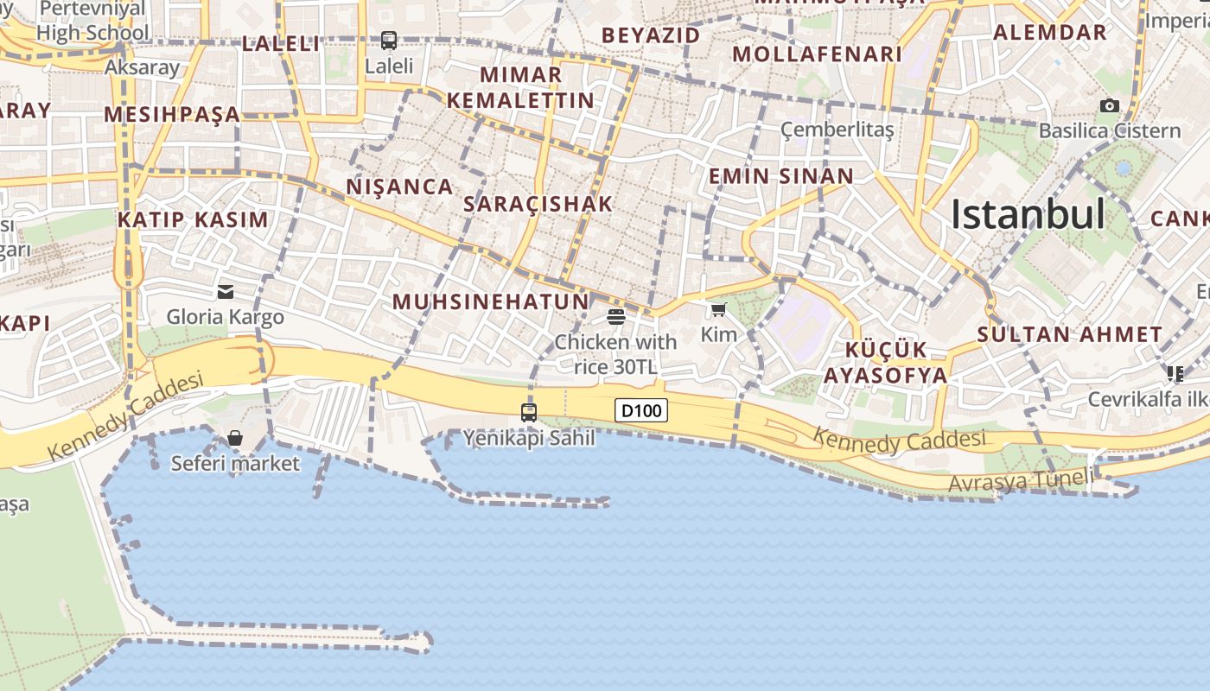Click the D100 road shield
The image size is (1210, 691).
pyautogui.click(x=641, y=410)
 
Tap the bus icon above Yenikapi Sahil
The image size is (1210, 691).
pyautogui.click(x=529, y=413)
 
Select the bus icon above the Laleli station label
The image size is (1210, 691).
pyautogui.click(x=389, y=40)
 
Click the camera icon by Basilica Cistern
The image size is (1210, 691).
pyautogui.click(x=1110, y=106)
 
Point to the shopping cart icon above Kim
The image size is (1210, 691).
pyautogui.click(x=718, y=310)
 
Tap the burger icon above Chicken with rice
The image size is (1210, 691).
pyautogui.click(x=616, y=316)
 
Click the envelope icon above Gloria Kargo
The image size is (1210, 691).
pyautogui.click(x=226, y=292)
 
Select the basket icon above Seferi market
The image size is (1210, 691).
pyautogui.click(x=235, y=438)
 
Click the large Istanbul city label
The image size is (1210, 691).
pyautogui.click(x=1028, y=214)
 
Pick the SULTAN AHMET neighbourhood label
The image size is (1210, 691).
pyautogui.click(x=1070, y=334)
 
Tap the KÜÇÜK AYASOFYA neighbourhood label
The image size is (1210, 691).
pyautogui.click(x=885, y=363)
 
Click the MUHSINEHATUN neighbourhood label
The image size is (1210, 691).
pyautogui.click(x=490, y=301)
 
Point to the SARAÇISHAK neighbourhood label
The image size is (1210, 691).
pyautogui.click(x=538, y=204)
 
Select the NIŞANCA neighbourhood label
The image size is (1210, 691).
pyautogui.click(x=399, y=187)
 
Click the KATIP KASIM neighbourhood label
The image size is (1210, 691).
pyautogui.click(x=193, y=219)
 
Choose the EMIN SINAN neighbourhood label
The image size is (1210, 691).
pyautogui.click(x=780, y=176)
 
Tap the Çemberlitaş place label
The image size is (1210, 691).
pyautogui.click(x=837, y=130)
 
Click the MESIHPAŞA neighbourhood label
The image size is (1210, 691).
pyautogui.click(x=171, y=114)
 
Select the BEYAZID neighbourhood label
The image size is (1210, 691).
pyautogui.click(x=651, y=35)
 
